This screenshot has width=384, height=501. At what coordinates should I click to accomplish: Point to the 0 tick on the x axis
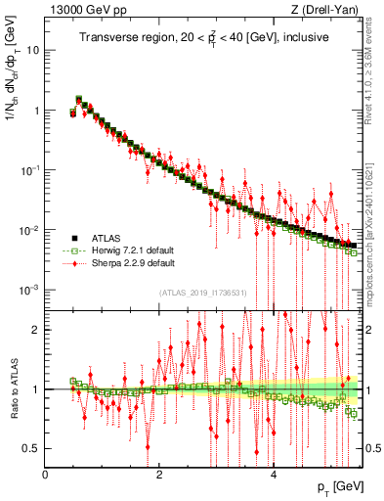tap(46, 475)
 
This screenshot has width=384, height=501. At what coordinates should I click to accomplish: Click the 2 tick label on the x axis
tap(159, 475)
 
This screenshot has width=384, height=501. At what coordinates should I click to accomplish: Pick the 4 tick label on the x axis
tap(274, 475)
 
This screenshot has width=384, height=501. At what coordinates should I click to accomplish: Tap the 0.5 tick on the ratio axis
tap(31, 448)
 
